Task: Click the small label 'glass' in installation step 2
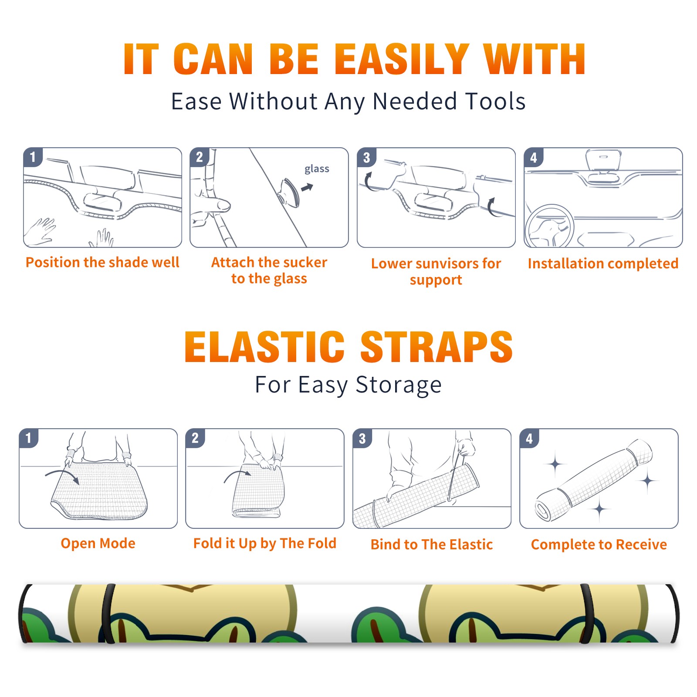(x=317, y=169)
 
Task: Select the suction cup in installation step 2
(x=290, y=192)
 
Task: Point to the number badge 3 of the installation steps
(x=366, y=157)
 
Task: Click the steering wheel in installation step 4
(x=549, y=226)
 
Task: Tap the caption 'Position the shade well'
(x=102, y=262)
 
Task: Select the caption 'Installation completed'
(x=603, y=264)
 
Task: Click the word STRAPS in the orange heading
(x=436, y=347)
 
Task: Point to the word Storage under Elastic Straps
(x=399, y=385)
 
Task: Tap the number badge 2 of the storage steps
(x=195, y=438)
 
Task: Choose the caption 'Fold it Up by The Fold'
(x=264, y=543)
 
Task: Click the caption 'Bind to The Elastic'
(x=431, y=545)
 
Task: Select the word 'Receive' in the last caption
(x=641, y=545)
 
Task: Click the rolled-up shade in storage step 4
(x=594, y=480)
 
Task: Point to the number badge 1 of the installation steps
(x=33, y=157)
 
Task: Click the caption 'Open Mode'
(x=98, y=543)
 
